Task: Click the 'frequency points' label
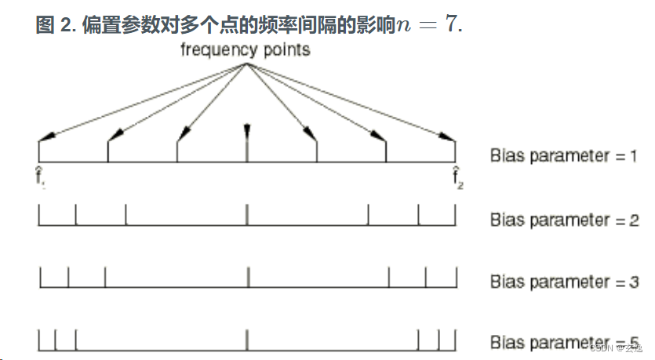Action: (245, 50)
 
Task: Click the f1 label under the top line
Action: (39, 177)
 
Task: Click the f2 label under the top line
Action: (456, 177)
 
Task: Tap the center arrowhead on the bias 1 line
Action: (247, 130)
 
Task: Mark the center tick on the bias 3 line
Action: (247, 277)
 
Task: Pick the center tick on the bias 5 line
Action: (247, 340)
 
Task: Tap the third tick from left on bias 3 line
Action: (105, 277)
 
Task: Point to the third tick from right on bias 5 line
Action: (418, 340)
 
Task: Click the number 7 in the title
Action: (450, 24)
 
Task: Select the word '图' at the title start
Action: (45, 24)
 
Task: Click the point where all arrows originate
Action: (246, 64)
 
